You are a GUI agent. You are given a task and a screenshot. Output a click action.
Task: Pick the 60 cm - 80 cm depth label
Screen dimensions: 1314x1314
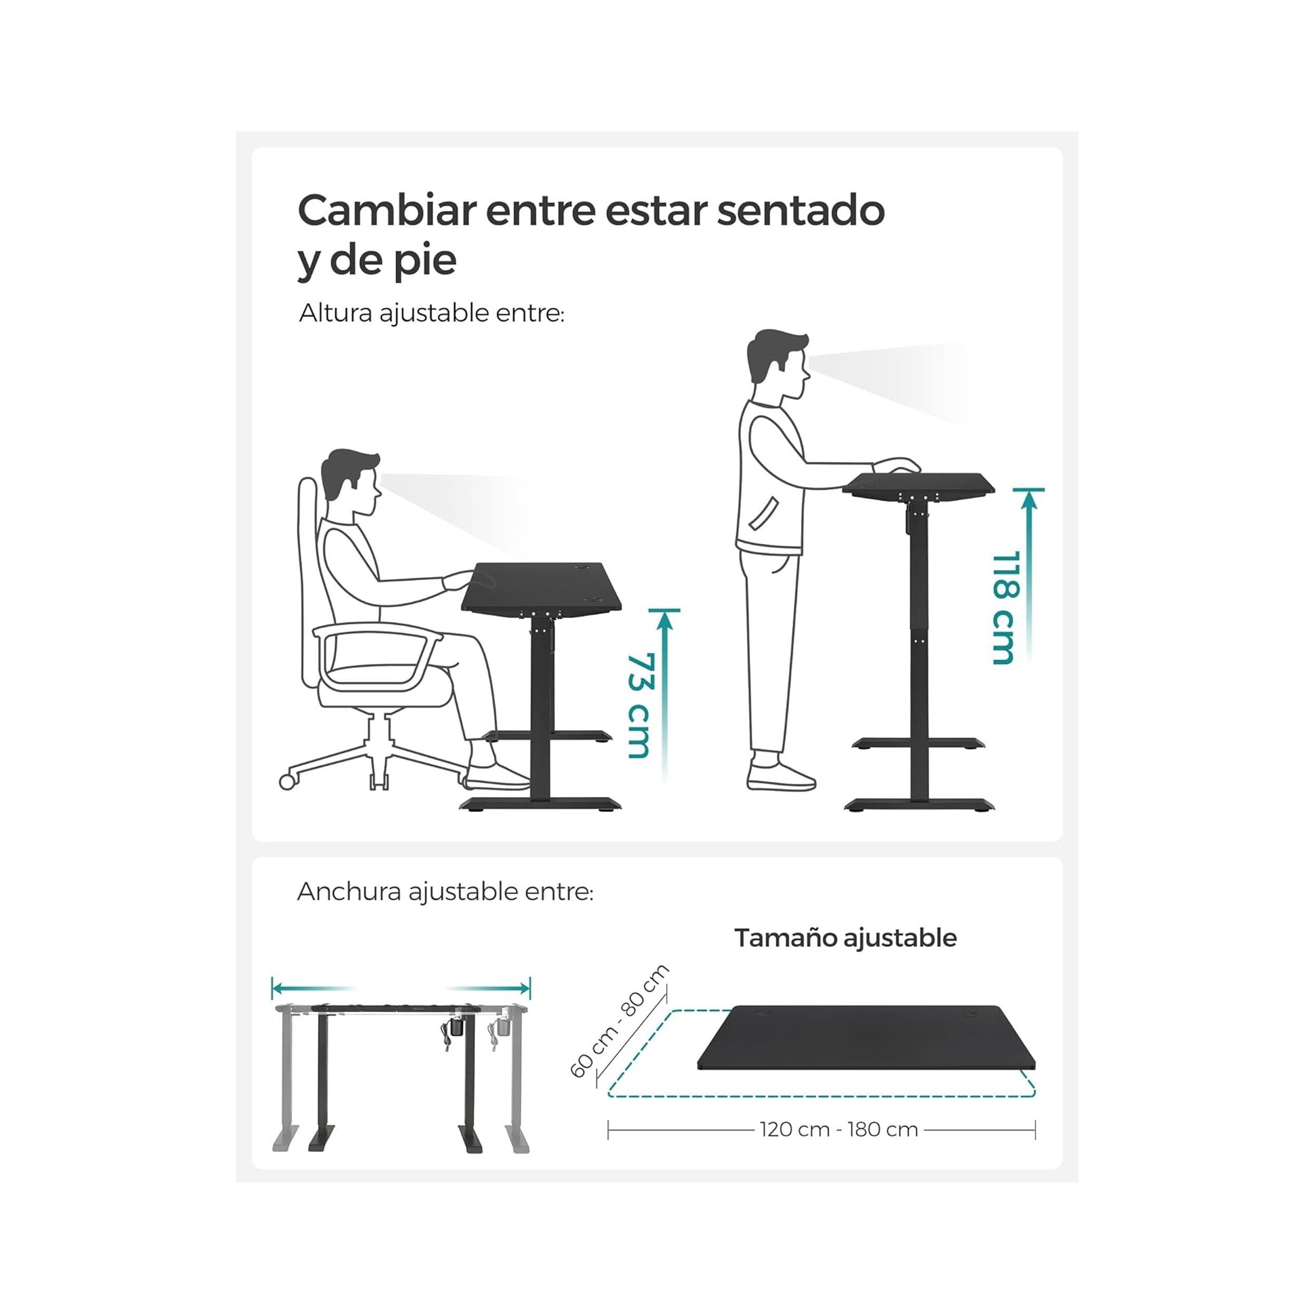[619, 1022]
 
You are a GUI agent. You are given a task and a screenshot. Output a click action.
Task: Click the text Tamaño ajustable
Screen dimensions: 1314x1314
[845, 938]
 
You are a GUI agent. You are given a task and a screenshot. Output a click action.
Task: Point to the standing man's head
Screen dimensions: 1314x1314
[778, 365]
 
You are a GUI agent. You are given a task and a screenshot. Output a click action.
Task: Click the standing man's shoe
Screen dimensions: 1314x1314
[781, 776]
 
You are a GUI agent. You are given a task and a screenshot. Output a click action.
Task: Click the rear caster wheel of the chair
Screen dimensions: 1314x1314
[288, 782]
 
